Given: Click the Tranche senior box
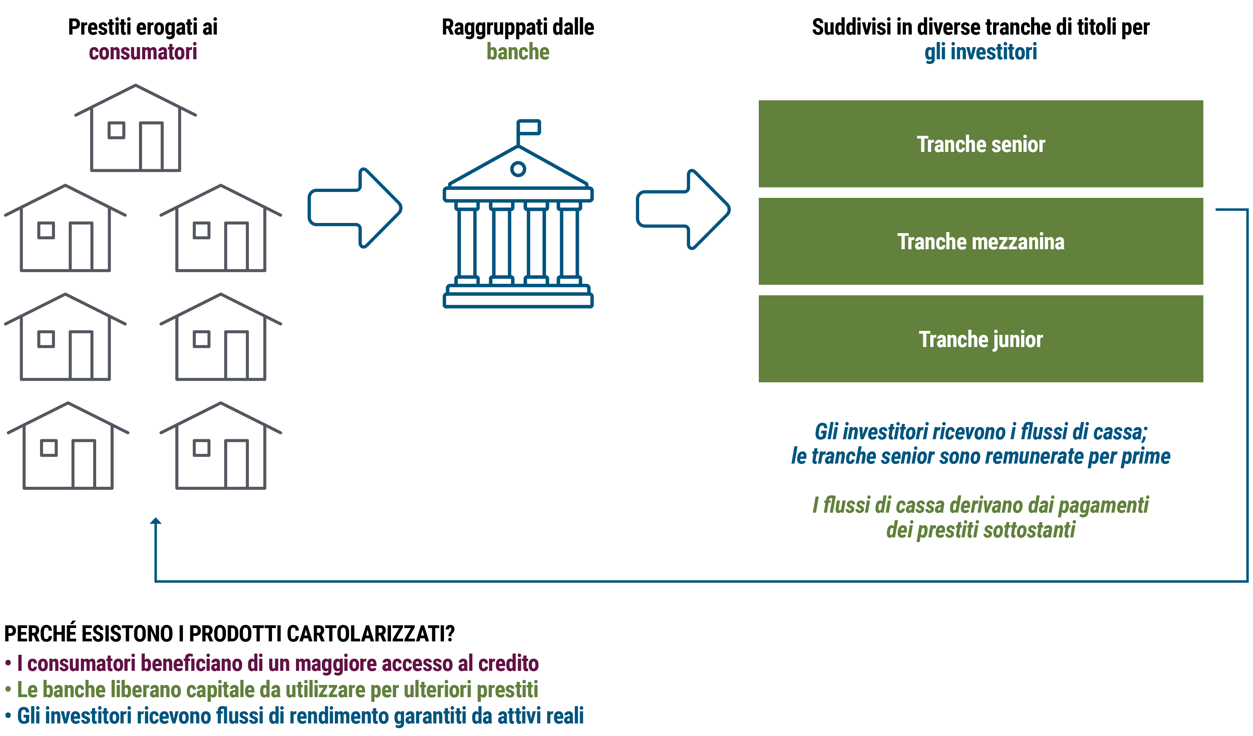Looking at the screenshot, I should (981, 144).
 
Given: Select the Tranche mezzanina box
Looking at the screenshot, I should (981, 242).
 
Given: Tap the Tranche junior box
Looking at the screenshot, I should (981, 339).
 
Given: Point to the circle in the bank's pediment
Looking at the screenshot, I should (518, 169).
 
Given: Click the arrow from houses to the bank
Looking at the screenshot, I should (354, 208).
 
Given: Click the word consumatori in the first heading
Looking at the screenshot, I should (143, 52).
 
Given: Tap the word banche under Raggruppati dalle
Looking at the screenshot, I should (518, 52).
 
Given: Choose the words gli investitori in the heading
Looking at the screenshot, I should (981, 52).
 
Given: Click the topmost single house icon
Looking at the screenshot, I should (135, 129).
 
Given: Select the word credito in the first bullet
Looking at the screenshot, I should (508, 663).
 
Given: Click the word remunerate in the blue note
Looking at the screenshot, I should (1010, 457).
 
